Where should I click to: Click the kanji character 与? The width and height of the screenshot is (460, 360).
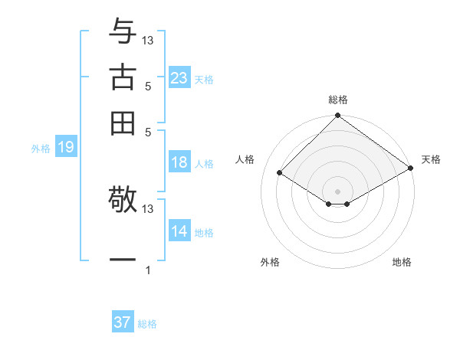click(123, 32)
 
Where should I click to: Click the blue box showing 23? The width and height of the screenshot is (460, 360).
click(179, 78)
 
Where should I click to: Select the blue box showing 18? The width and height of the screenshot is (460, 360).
click(179, 162)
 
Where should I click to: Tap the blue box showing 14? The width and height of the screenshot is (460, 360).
click(179, 231)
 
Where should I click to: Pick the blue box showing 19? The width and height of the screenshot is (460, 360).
click(65, 147)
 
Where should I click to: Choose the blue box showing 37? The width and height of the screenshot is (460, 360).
click(123, 322)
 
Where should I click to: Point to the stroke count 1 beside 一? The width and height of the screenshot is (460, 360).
click(148, 270)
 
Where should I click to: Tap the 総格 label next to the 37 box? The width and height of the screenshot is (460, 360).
click(147, 324)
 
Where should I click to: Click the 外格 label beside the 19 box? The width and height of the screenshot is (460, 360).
click(41, 149)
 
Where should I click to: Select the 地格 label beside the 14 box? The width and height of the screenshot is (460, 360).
click(204, 233)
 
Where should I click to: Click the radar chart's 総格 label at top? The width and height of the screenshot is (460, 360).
click(338, 100)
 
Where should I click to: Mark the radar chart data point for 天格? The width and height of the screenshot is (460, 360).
click(411, 169)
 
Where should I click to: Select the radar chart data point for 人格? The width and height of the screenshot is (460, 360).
click(280, 173)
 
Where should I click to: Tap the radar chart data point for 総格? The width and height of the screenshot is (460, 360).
click(337, 116)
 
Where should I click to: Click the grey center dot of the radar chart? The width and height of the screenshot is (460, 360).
click(337, 191)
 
